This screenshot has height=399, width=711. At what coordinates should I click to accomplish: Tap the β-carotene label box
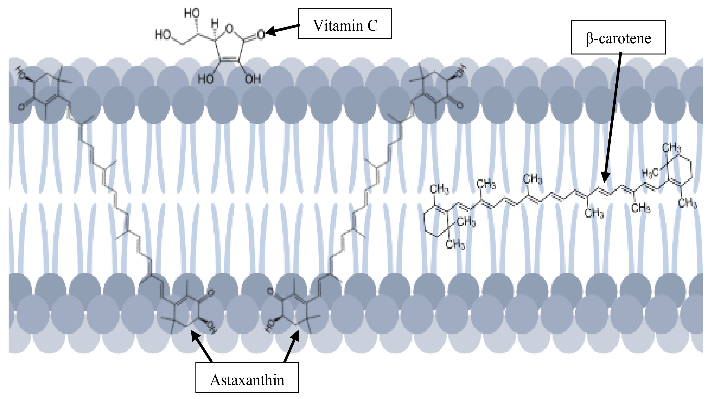(x=618, y=37)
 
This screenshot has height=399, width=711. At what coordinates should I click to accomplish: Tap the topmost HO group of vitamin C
(x=192, y=13)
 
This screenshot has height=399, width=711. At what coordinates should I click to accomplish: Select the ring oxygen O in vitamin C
(x=229, y=28)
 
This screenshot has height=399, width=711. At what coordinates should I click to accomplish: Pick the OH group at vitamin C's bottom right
(x=253, y=79)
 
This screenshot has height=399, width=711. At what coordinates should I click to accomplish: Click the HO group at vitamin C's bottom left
(x=206, y=79)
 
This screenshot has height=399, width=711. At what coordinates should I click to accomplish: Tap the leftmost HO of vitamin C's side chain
(x=163, y=35)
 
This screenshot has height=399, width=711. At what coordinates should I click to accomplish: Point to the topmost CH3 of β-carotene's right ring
(x=671, y=148)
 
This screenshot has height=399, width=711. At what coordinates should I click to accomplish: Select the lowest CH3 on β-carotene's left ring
(x=455, y=244)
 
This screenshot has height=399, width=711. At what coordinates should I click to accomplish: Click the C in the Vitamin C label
(x=372, y=26)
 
